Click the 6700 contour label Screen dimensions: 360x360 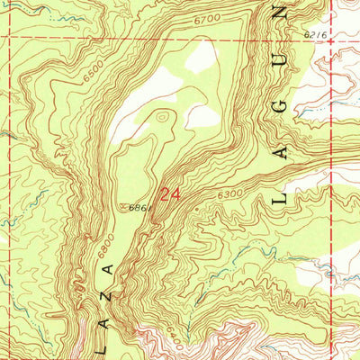point(204,42)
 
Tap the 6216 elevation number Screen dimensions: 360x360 point(314,32)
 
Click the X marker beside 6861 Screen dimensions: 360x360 point(125,206)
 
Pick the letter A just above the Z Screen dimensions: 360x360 point(107,269)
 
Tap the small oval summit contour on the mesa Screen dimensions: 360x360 point(161,115)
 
